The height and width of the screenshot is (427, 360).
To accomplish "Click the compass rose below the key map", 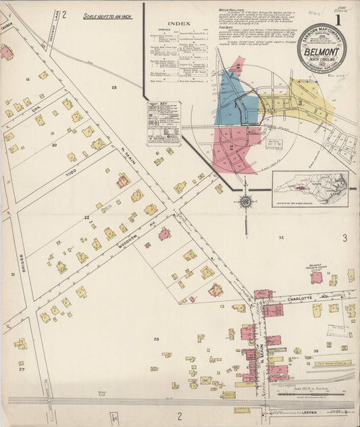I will tap(246, 201).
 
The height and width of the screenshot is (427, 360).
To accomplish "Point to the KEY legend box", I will tap(164, 124).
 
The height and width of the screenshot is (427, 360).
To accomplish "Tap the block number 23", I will tap(113, 88).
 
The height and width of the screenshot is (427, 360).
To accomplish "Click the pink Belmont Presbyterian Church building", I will tap(315, 277).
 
